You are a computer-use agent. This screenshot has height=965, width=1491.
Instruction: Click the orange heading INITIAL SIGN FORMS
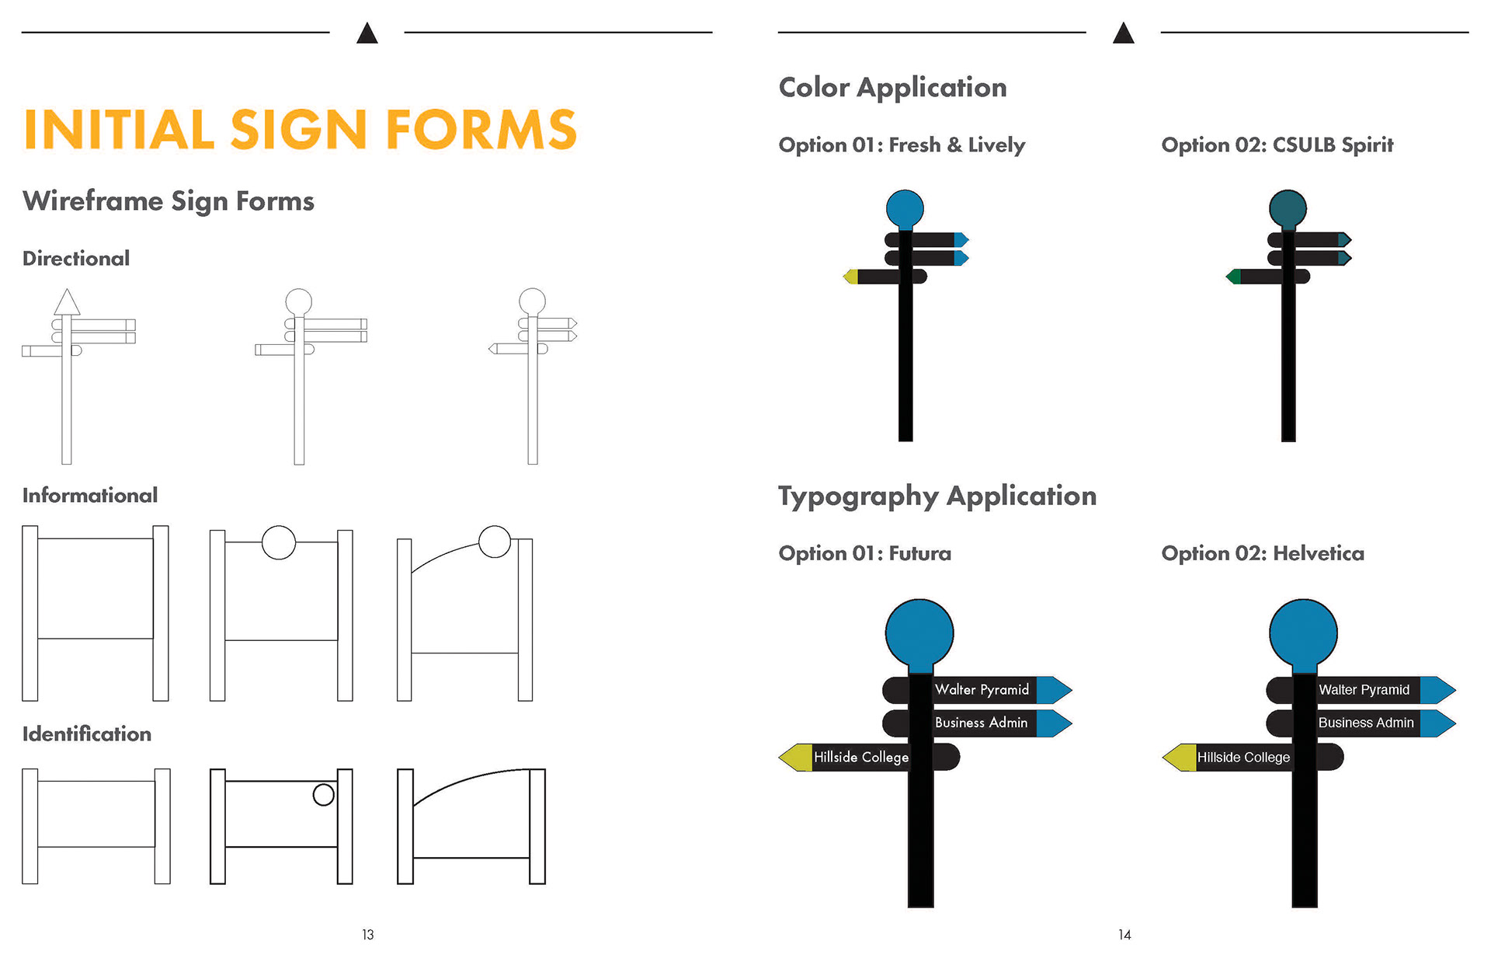[300, 129]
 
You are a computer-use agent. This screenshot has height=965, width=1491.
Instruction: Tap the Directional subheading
[76, 259]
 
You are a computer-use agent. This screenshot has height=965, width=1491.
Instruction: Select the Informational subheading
[90, 496]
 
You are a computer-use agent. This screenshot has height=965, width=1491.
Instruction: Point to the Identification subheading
[87, 734]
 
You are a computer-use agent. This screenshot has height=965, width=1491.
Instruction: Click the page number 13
[368, 935]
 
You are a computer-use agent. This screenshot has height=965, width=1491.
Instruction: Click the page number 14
[1124, 935]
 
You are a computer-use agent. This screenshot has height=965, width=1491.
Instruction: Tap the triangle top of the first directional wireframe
[67, 303]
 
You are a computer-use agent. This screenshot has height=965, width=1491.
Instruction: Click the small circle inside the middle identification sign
[323, 794]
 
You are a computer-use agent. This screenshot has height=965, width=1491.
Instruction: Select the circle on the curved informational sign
[495, 542]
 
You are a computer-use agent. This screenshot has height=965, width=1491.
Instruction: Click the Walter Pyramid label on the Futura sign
[982, 690]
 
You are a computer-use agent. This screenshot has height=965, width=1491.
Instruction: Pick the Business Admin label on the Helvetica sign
[1366, 723]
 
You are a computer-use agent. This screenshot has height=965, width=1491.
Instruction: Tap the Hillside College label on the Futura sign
[860, 758]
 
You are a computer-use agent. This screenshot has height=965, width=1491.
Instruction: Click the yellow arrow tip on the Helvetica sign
[1180, 758]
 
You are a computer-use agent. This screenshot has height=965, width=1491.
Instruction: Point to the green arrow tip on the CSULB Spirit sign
[1233, 277]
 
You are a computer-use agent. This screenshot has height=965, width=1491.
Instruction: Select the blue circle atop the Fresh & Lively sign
[905, 208]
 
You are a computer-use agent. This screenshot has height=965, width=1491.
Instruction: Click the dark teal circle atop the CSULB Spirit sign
[1288, 208]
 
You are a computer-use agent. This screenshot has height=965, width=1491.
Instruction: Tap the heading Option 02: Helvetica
[1263, 554]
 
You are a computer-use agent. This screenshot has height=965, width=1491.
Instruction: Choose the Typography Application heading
[937, 496]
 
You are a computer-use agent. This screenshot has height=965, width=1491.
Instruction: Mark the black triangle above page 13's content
[367, 33]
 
